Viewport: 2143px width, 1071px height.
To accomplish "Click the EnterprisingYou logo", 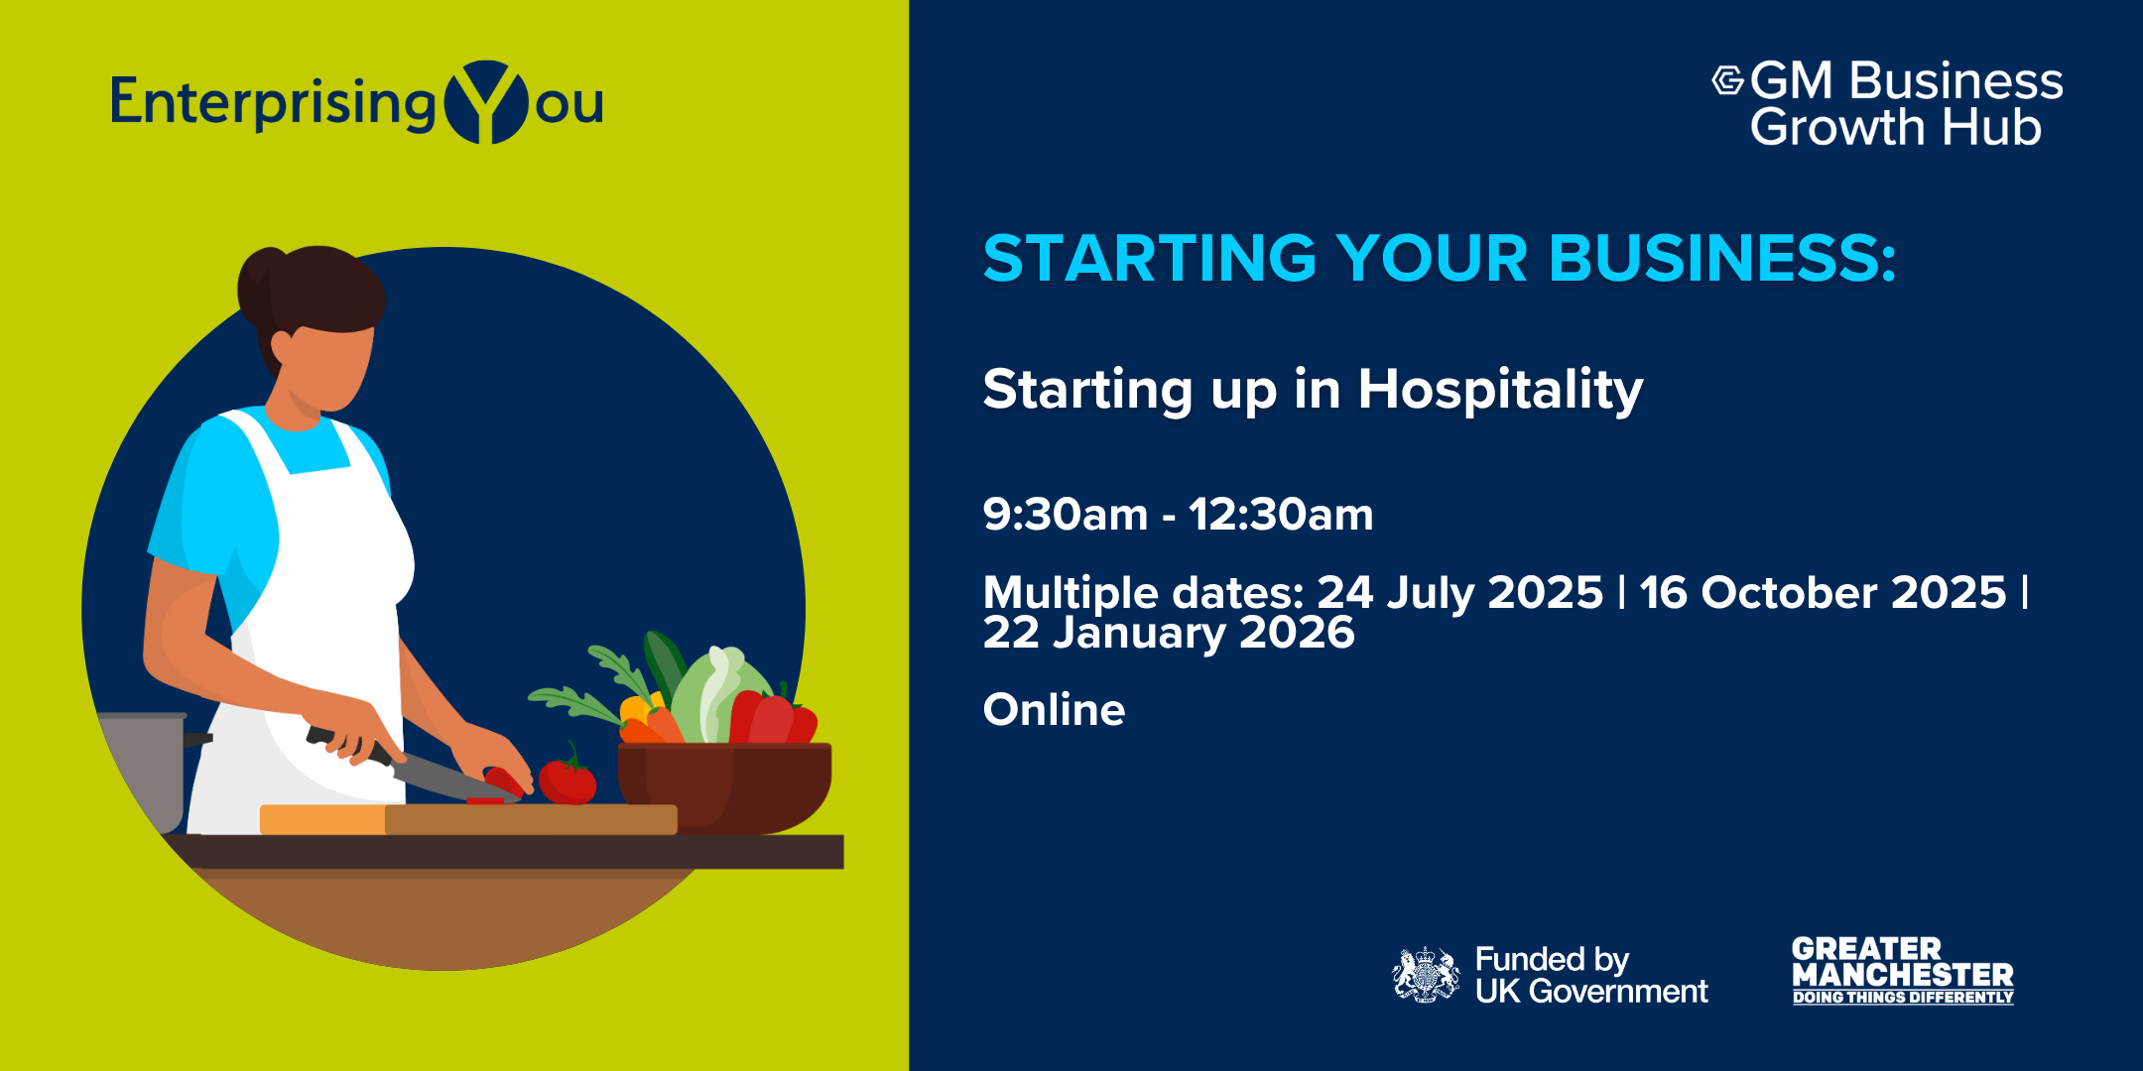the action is (x=357, y=102).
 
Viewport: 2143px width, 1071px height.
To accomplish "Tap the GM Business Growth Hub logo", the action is (x=1888, y=103).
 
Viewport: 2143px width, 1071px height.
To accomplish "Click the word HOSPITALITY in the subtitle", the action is (x=1500, y=390).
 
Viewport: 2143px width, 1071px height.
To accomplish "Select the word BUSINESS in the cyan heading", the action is (x=1722, y=258).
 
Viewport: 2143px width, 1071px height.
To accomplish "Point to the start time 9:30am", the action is (x=1066, y=515).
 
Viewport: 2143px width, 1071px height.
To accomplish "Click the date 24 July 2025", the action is (x=1459, y=593).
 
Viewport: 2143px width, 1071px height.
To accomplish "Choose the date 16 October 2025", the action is (x=1823, y=593).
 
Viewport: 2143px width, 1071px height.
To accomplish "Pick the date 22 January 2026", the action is (x=1169, y=633).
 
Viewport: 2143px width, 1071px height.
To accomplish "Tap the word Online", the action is (x=1054, y=710).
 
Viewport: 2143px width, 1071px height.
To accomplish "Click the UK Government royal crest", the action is (x=1426, y=975).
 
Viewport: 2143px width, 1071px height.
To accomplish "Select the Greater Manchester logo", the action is (x=1903, y=971).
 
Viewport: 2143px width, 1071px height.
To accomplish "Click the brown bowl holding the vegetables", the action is (x=724, y=787).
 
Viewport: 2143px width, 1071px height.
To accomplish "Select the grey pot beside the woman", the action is (x=145, y=769).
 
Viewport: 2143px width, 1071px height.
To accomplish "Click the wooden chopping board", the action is (x=468, y=819).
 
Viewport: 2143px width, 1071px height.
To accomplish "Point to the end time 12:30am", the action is (x=1281, y=515).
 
